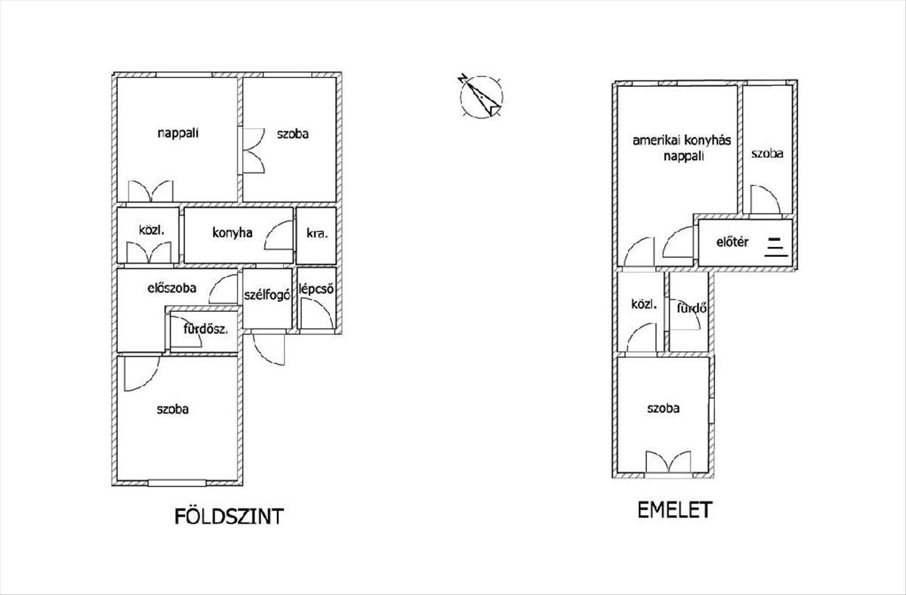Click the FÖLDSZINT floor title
(229, 516)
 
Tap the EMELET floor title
(674, 510)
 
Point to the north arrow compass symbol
(480, 97)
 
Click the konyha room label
(232, 233)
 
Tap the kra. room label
(316, 234)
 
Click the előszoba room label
(171, 288)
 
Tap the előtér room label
(732, 242)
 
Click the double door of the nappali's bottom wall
(151, 192)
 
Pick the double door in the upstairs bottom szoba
(669, 462)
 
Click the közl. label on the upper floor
(644, 305)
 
